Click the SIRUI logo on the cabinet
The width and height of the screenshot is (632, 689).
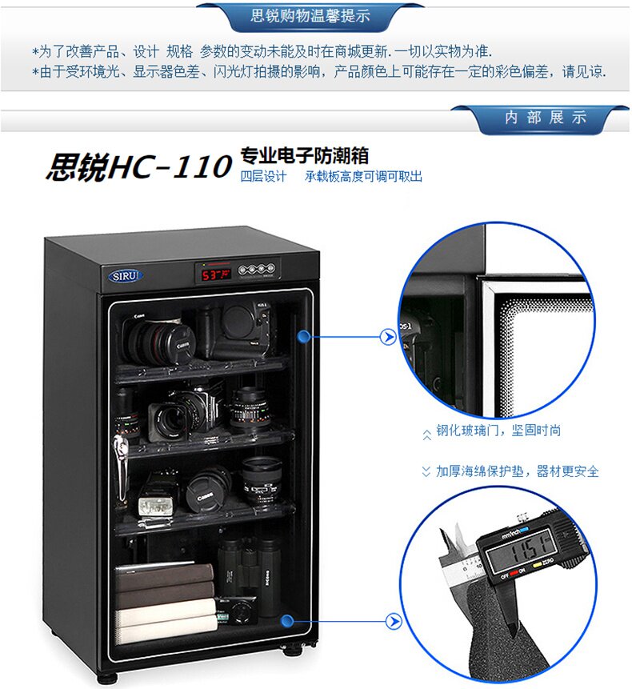tap(125, 276)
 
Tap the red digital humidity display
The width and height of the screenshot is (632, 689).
tap(216, 274)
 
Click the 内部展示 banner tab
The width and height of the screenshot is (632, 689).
tap(546, 118)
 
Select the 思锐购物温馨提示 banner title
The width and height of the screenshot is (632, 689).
tap(310, 16)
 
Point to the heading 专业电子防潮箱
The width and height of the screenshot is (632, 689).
tap(304, 155)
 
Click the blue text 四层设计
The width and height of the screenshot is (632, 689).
tap(263, 177)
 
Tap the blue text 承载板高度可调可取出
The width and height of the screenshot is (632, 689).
tap(364, 177)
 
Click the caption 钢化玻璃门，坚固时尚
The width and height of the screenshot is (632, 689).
tap(498, 431)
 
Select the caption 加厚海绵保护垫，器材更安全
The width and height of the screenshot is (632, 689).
tap(518, 471)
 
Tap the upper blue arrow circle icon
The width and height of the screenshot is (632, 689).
tap(388, 337)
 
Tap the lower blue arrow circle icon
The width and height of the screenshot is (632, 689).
tap(394, 621)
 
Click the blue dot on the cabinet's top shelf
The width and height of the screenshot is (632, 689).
tap(303, 337)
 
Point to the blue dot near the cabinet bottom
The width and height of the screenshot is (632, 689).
tap(287, 620)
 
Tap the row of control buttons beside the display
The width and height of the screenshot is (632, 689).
tap(257, 269)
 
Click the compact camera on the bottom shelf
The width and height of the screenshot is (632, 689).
tap(237, 611)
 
